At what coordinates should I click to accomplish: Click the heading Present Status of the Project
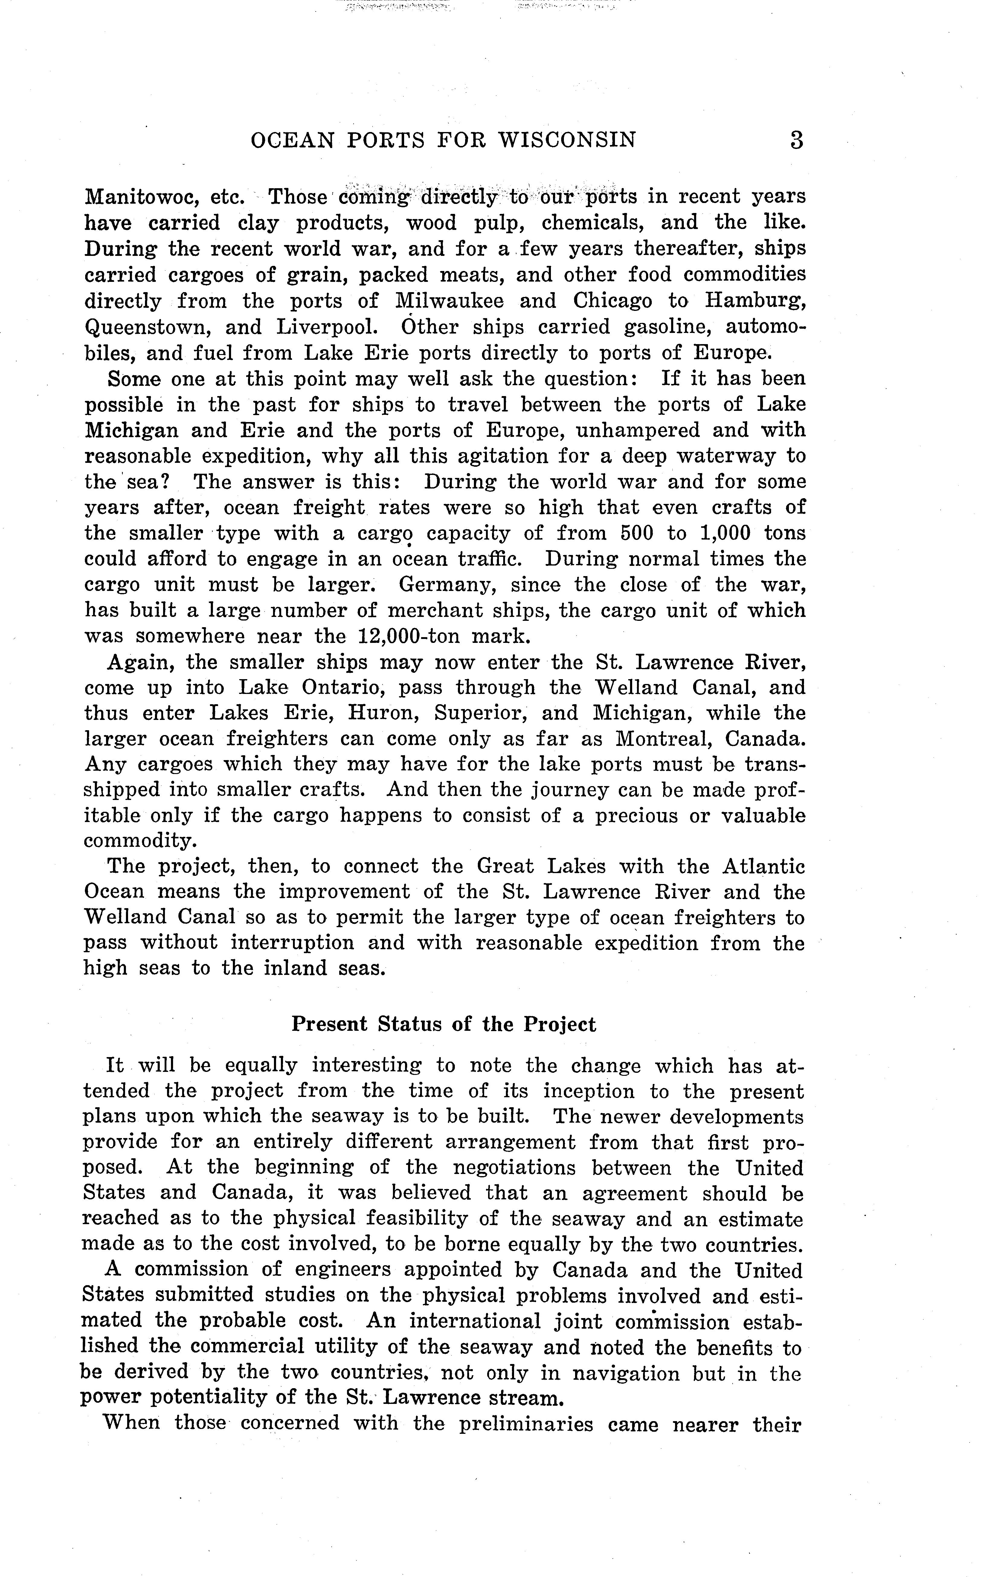coord(443,1024)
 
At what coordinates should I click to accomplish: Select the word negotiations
coord(514,1168)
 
